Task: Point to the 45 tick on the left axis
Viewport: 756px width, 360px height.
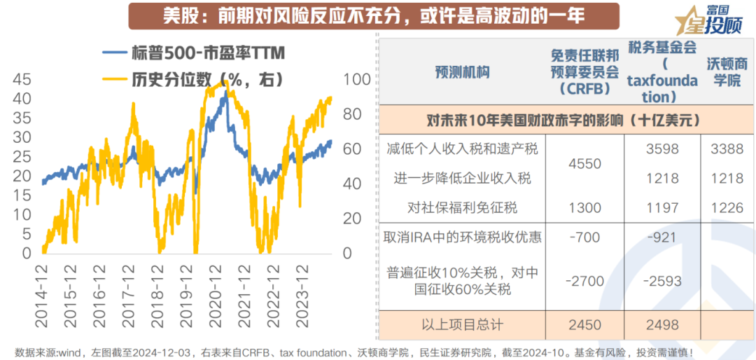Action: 22,78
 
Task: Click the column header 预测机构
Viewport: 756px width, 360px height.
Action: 462,72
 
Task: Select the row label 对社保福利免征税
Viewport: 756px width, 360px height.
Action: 462,207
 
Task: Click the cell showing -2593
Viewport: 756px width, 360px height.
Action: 662,281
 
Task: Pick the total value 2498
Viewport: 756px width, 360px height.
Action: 662,326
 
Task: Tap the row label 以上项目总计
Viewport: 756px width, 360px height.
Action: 462,326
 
